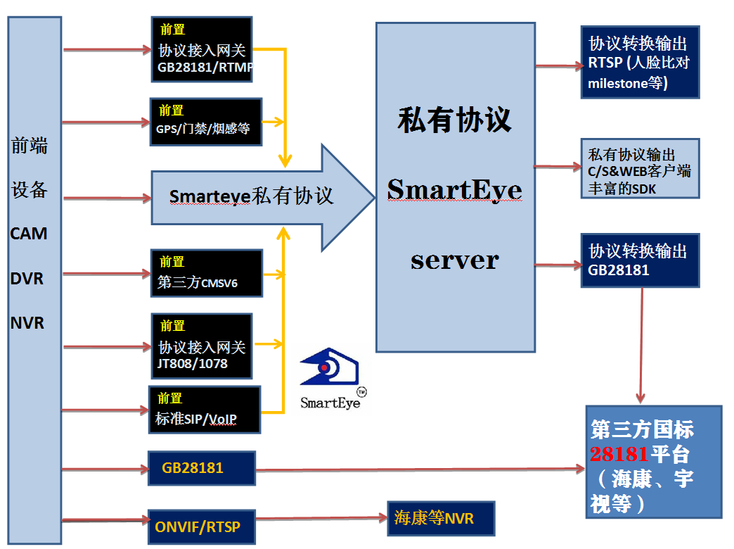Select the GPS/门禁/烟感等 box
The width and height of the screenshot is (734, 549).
(x=206, y=121)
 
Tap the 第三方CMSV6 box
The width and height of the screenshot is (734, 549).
(x=206, y=273)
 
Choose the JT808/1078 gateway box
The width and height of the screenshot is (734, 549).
(x=202, y=346)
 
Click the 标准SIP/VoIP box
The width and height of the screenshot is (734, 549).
(x=205, y=410)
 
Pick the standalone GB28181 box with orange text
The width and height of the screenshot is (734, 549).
(x=201, y=468)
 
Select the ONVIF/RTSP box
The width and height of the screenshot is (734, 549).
(x=201, y=526)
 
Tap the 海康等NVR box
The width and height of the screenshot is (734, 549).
(x=441, y=519)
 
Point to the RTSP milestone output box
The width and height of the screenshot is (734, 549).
(x=640, y=62)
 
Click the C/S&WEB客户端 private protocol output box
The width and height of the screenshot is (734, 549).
(x=640, y=168)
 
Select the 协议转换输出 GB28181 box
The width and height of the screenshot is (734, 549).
(x=640, y=260)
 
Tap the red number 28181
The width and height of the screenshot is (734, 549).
(x=619, y=453)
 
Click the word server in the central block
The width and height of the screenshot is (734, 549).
(x=455, y=260)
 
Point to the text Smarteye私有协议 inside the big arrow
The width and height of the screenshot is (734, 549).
(x=252, y=196)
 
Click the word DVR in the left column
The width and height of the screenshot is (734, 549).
(x=27, y=279)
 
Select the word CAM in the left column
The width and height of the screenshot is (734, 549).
(x=29, y=234)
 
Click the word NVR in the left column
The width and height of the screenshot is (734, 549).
(x=27, y=323)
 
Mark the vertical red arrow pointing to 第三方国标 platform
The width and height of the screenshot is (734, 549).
(x=642, y=345)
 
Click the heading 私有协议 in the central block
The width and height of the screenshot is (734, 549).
(x=455, y=120)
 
